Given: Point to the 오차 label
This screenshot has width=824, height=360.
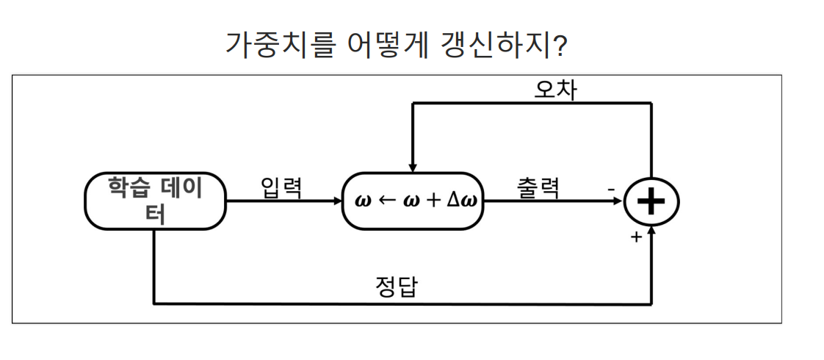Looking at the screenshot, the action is (555, 89).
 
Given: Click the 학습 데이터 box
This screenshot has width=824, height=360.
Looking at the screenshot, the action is (155, 201).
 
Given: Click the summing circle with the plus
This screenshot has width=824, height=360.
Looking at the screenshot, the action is (651, 201).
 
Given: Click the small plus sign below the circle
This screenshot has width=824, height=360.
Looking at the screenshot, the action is (636, 237).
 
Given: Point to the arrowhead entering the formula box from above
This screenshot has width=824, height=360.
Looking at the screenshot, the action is (413, 168).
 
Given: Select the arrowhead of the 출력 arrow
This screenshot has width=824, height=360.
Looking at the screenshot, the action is (619, 201).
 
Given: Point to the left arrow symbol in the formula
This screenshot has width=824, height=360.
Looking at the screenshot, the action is (386, 201).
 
